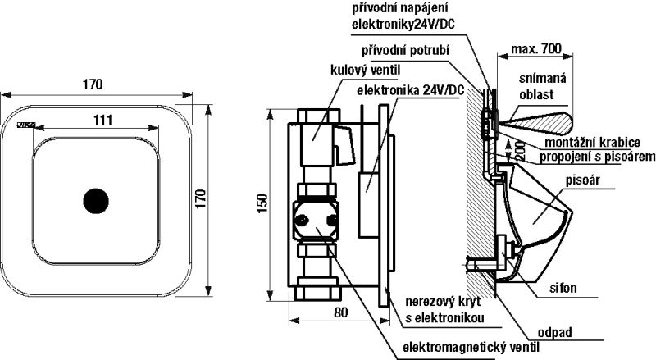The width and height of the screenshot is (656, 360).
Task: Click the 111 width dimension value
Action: (x=102, y=120)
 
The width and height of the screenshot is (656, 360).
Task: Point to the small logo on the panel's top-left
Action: (x=24, y=125)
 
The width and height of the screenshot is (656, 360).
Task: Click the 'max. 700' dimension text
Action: (x=536, y=49)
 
